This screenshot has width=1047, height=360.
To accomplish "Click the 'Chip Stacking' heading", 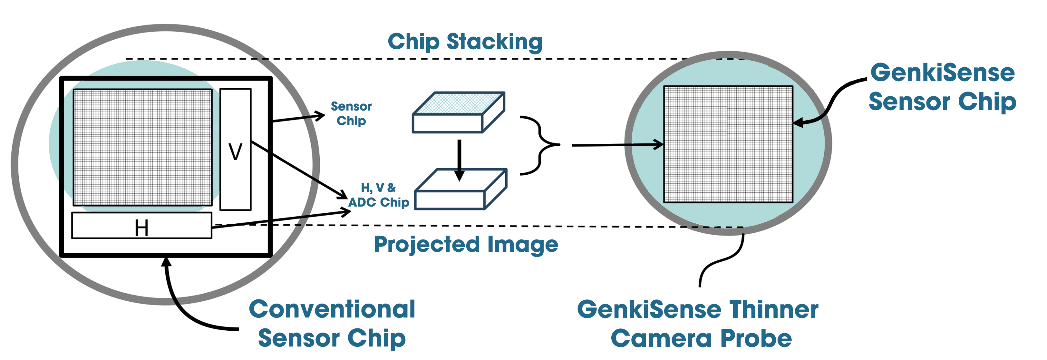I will (465, 42).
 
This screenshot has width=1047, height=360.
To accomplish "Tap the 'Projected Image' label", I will (466, 245).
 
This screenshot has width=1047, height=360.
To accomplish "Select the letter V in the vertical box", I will (235, 152).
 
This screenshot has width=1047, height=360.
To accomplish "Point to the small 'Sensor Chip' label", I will (351, 114).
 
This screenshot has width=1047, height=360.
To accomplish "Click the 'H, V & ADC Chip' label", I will (378, 195).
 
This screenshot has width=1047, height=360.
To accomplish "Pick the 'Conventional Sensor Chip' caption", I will (332, 324).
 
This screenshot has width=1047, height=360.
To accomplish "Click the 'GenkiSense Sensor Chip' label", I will (942, 87).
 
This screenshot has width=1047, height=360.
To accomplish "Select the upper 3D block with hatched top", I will (459, 112).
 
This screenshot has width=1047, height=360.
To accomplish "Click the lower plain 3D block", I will (460, 189).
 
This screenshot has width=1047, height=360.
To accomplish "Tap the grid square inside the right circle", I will (728, 144).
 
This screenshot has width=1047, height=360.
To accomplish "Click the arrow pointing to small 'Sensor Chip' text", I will (299, 118).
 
